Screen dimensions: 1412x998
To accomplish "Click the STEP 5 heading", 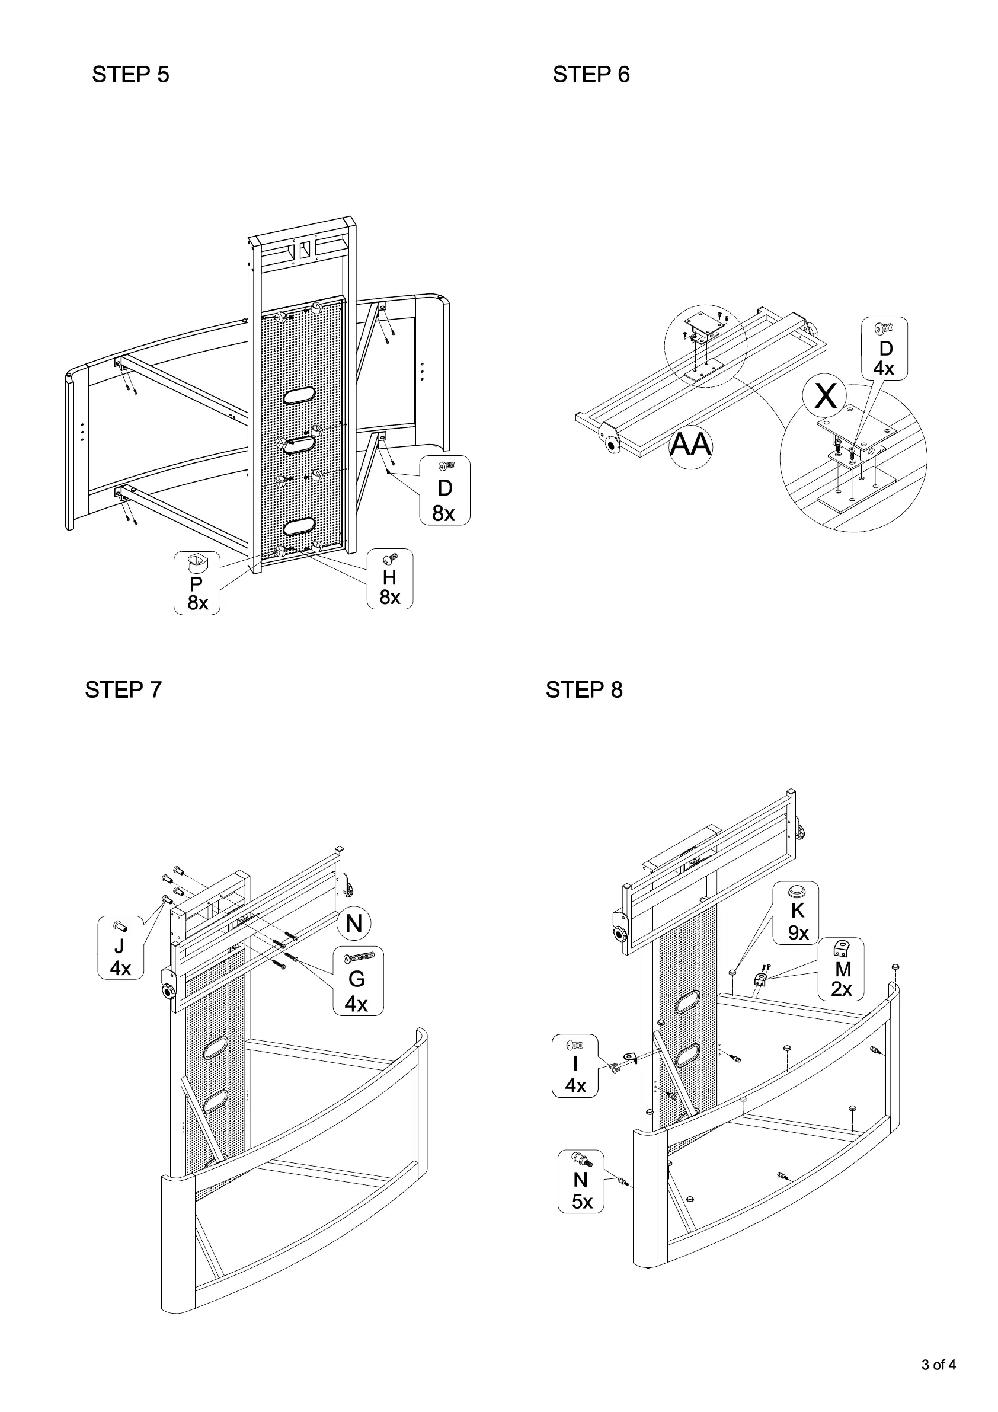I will tap(130, 75).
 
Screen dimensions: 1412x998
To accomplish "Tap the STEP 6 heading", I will tap(591, 75).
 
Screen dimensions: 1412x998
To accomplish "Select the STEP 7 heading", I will tap(123, 689).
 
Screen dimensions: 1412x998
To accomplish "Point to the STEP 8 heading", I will tap(584, 689).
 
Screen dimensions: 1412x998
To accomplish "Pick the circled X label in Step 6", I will tap(825, 397).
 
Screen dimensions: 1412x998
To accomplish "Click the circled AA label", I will tap(690, 445).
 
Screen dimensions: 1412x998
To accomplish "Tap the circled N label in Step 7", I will tap(354, 924).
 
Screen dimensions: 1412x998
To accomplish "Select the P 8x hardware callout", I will tap(197, 583).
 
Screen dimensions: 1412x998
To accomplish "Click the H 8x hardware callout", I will tap(390, 579).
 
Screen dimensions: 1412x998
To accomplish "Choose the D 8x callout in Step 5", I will tap(444, 490).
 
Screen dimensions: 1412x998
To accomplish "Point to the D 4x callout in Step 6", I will tap(884, 349).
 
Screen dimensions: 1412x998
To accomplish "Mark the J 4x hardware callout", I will tap(120, 947).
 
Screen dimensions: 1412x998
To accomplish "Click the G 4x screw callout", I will tap(358, 981).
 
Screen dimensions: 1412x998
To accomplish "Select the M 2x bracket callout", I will tap(841, 969).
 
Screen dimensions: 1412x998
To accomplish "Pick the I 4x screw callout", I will tap(575, 1066).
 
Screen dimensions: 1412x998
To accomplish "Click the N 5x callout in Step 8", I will tap(580, 1181).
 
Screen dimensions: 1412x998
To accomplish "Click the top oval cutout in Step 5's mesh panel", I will tap(299, 397).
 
